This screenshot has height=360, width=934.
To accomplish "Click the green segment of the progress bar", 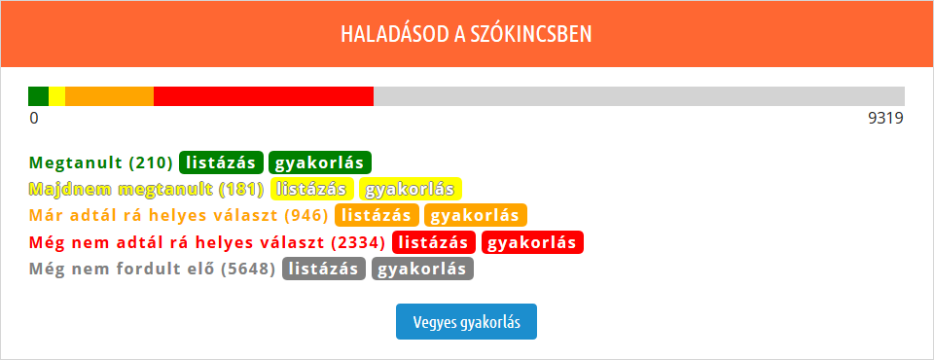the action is pos(38,96).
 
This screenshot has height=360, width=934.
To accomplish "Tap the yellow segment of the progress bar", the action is pos(57,96).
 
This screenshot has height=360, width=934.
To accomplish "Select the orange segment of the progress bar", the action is pos(110,96).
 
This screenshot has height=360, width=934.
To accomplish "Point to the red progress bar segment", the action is pos(264,96).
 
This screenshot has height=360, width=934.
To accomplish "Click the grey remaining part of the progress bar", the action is pos(639,96).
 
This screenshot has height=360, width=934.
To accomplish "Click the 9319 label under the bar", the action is pos(885,119).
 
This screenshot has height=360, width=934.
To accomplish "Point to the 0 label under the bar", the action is pos(34,119).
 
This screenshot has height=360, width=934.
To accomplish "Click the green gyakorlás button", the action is pos(320,162).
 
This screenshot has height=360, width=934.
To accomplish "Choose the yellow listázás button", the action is pos(312,189).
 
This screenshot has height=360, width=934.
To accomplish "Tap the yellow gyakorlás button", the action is pos(411,189).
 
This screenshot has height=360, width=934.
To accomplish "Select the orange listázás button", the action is pos(377,215).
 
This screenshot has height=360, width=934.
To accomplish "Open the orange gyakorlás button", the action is pos(476,215).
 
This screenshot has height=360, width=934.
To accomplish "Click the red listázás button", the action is pos(434,242).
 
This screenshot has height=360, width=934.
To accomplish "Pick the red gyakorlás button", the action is pos(532,242).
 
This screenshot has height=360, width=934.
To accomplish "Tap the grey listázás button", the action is pos(324,269).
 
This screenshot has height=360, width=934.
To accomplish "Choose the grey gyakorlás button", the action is pos(423,269).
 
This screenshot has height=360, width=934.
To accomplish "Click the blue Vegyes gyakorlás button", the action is pos(466,322).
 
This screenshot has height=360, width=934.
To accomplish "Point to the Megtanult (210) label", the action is pos(100,162).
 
